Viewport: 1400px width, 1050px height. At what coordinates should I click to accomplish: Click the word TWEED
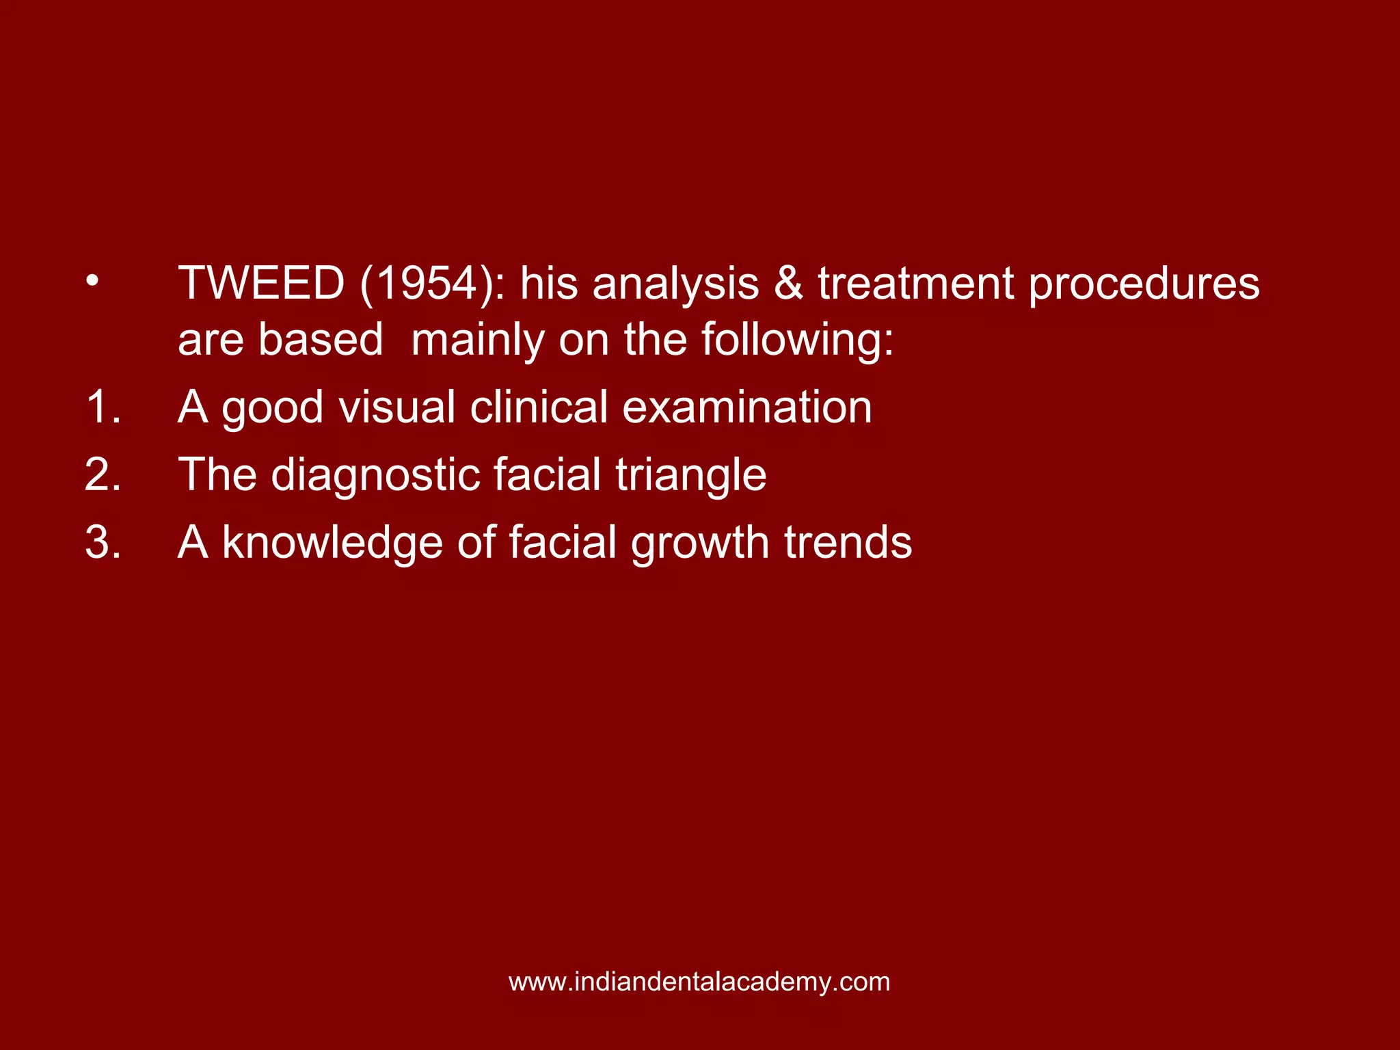point(261,283)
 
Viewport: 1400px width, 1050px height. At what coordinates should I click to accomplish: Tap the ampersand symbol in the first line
point(788,283)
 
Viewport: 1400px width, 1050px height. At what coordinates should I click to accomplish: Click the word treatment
point(915,283)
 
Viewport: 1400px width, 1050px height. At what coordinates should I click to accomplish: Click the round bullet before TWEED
point(92,280)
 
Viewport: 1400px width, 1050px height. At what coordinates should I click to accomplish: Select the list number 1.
point(103,407)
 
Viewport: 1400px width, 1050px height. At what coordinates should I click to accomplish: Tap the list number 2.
point(103,474)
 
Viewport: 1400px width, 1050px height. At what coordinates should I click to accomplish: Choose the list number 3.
point(103,542)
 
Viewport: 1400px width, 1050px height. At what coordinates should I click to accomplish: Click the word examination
point(746,407)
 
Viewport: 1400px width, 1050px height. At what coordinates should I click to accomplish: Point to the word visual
point(396,407)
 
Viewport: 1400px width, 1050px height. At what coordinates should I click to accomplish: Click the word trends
point(848,542)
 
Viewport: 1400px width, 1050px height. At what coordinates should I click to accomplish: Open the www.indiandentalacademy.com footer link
point(699,982)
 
